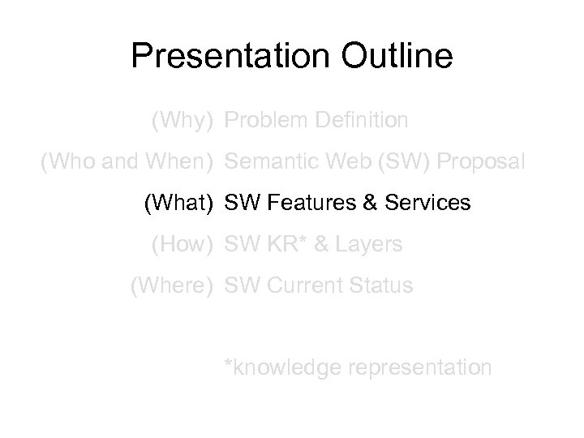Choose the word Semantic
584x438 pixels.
268,162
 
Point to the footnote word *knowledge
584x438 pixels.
282,367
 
